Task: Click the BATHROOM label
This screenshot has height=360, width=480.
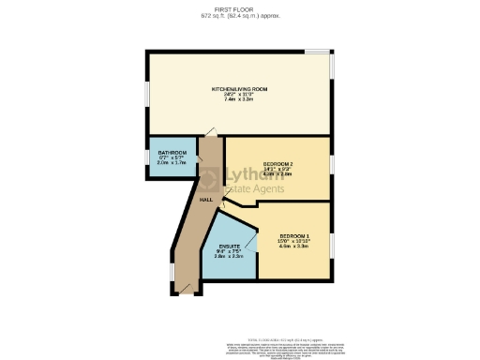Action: pos(172,153)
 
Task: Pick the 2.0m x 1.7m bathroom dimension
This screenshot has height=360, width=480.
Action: pos(172,163)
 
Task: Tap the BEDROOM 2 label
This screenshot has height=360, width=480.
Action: pos(278,162)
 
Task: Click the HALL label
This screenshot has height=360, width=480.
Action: pos(205,200)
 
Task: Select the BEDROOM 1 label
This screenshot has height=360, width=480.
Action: pos(293,234)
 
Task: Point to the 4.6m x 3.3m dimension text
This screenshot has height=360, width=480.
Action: pos(293,246)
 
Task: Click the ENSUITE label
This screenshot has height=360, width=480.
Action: pos(230,246)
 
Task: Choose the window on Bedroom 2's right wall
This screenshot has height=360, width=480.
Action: pos(331,164)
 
